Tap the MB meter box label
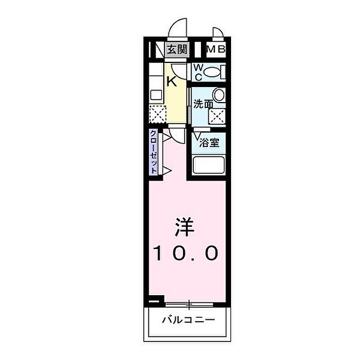216,50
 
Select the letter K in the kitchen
172,81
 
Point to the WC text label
198,72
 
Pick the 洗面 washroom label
202,103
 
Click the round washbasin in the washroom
219,95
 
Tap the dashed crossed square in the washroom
216,116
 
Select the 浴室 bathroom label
209,143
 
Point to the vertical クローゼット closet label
154,152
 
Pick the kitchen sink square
156,94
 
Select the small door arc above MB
217,34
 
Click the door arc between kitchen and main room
174,135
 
